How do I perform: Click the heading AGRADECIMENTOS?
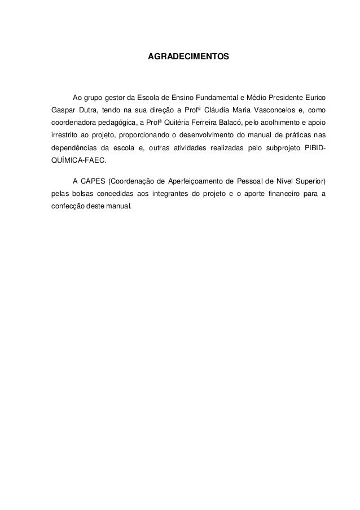click(x=188, y=58)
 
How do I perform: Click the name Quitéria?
click(x=178, y=123)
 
